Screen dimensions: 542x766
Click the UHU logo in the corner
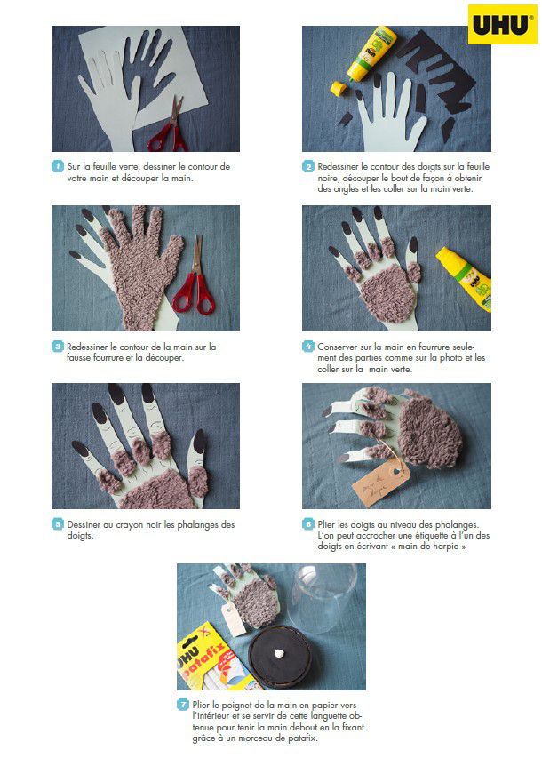tap(502, 24)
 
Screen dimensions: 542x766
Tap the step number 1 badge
tap(58, 166)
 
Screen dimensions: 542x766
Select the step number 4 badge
tap(307, 347)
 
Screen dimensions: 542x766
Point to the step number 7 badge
tap(183, 705)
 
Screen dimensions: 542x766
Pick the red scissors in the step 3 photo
tap(195, 277)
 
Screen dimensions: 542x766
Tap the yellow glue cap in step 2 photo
tap(338, 89)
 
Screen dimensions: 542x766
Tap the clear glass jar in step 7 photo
tap(322, 597)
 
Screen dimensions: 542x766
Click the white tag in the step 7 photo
tap(234, 618)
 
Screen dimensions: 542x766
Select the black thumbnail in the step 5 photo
tap(199, 441)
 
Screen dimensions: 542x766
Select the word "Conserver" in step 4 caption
tap(338, 347)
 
